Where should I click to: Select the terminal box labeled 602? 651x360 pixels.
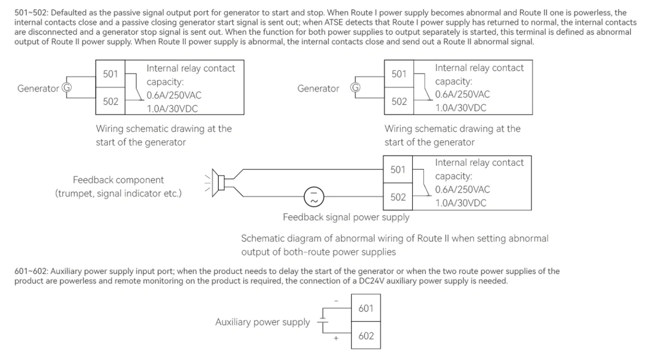pyautogui.click(x=366, y=335)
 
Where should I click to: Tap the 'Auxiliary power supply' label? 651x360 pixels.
pyautogui.click(x=262, y=322)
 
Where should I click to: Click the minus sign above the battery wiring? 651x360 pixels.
pyautogui.click(x=336, y=301)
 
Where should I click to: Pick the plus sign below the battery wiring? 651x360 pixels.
pyautogui.click(x=336, y=339)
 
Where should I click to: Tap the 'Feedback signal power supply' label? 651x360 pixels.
pyautogui.click(x=346, y=218)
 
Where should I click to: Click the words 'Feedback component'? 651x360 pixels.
pyautogui.click(x=118, y=180)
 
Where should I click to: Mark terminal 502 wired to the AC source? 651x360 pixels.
pyautogui.click(x=398, y=197)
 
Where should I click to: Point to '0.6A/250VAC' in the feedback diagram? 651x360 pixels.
pyautogui.click(x=463, y=190)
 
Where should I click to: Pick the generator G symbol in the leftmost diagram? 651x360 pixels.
pyautogui.click(x=66, y=88)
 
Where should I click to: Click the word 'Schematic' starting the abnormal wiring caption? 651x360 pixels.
pyautogui.click(x=262, y=239)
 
